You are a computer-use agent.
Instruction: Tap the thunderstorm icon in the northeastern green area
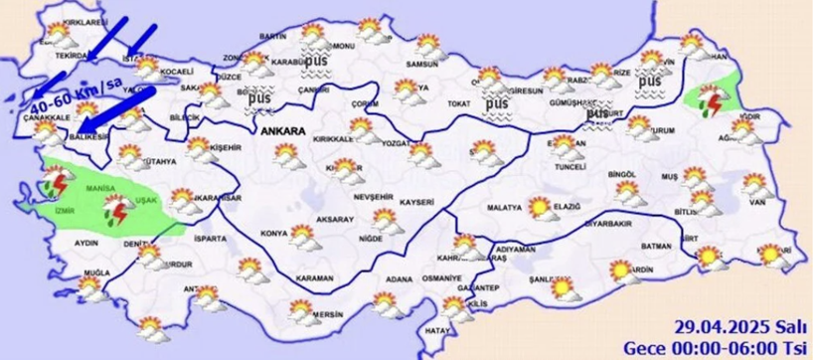713,99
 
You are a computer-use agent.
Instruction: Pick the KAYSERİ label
418,201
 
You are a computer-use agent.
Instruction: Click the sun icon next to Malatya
540,207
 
